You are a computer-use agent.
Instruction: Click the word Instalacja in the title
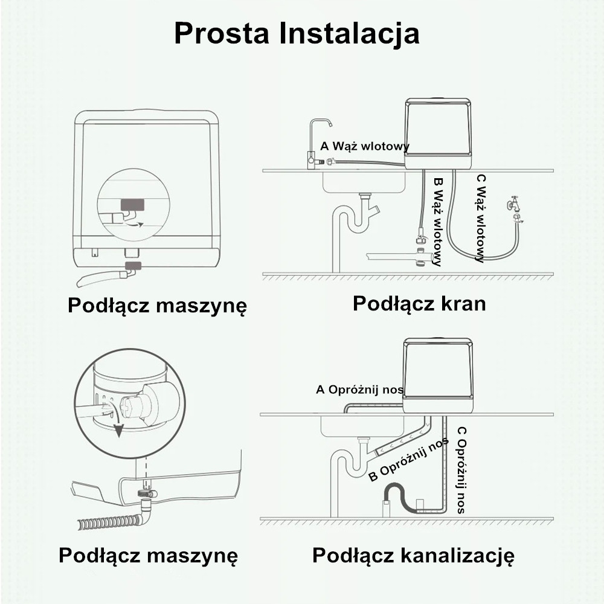click(350, 33)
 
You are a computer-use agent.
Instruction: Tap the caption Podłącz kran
click(419, 303)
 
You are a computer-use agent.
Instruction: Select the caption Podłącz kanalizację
click(413, 556)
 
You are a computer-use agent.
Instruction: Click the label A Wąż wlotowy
click(365, 146)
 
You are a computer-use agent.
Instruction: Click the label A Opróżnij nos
click(359, 390)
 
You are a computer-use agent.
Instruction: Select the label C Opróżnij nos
click(461, 470)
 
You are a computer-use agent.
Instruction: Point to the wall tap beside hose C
click(515, 208)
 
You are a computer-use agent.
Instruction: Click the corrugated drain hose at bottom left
click(109, 521)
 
